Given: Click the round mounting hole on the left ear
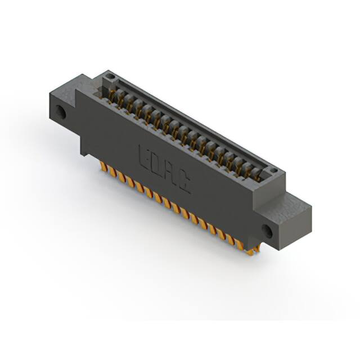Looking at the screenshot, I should pos(61,112).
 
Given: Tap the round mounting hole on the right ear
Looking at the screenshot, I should pos(268,231).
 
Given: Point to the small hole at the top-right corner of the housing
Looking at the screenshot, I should pos(273,170).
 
